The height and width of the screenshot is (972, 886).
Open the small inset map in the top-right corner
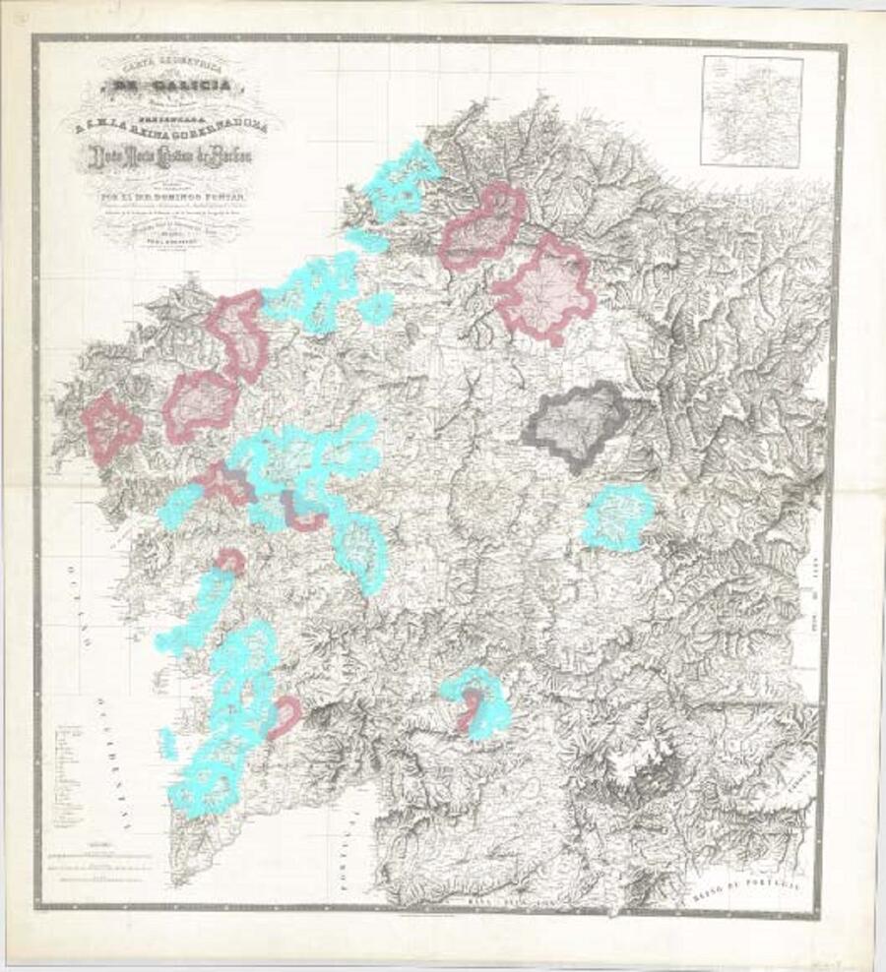point(751,110)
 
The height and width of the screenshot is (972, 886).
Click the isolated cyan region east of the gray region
point(617,516)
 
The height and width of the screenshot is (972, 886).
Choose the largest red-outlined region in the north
point(543,290)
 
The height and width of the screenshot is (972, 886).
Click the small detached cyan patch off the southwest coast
point(168,743)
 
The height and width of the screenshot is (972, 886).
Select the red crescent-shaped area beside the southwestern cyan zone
point(285,717)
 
